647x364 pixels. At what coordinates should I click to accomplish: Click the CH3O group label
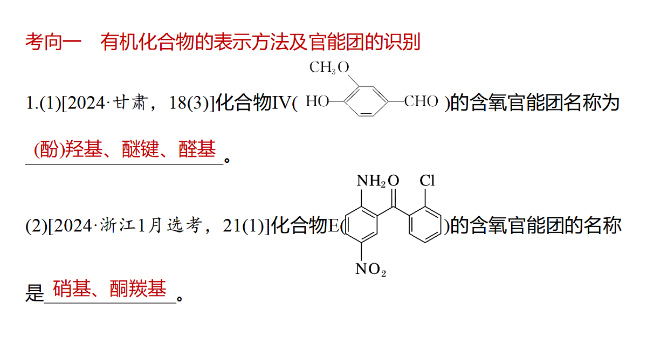pyautogui.click(x=329, y=67)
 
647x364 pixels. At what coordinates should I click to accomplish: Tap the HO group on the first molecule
pyautogui.click(x=318, y=101)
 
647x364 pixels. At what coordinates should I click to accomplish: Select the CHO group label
pyautogui.click(x=421, y=101)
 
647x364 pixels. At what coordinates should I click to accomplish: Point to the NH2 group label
pyautogui.click(x=371, y=181)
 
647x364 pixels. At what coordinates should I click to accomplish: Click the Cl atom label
pyautogui.click(x=427, y=181)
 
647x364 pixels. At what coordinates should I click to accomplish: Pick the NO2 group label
pyautogui.click(x=370, y=270)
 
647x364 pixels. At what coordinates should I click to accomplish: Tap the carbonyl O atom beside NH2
pyautogui.click(x=394, y=181)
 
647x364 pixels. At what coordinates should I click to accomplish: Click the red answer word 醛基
pyautogui.click(x=197, y=149)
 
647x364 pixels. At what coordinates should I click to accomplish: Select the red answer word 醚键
pyautogui.click(x=140, y=149)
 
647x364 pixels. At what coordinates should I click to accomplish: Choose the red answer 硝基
pyautogui.click(x=72, y=289)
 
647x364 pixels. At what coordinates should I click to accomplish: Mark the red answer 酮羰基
pyautogui.click(x=138, y=289)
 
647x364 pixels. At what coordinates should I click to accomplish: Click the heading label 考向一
pyautogui.click(x=53, y=42)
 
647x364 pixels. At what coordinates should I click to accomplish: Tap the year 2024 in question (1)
pyautogui.click(x=86, y=103)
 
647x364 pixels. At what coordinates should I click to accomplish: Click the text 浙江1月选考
pyautogui.click(x=151, y=225)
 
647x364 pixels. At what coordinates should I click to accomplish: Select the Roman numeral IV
pyautogui.click(x=281, y=103)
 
